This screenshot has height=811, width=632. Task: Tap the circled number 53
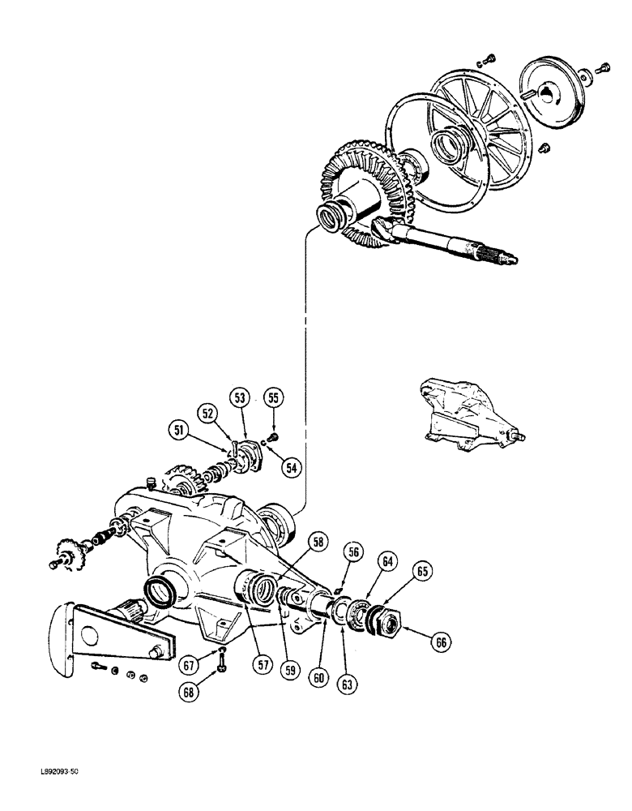pyautogui.click(x=239, y=397)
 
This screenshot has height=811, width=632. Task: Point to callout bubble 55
pyautogui.click(x=274, y=397)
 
